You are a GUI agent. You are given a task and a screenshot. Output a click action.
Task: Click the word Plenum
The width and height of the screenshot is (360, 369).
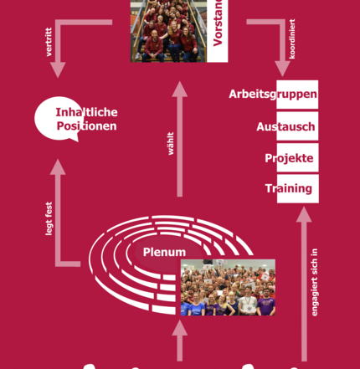coord(164,252)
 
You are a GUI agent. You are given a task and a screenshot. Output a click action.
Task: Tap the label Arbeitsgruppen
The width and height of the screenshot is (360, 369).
coord(273,95)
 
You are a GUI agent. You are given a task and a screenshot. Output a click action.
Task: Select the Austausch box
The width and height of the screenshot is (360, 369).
coord(297,126)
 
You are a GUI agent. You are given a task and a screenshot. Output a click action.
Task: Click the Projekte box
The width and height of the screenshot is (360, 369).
coord(297,157)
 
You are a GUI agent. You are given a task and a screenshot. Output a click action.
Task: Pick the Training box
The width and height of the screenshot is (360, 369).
coord(298,189)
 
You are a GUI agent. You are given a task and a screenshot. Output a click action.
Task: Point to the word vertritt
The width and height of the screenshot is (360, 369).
coord(49,42)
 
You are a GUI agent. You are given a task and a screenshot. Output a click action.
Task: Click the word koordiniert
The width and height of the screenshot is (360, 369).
coord(292,38)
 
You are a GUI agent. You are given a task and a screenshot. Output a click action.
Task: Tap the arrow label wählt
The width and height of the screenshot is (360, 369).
coord(171,143)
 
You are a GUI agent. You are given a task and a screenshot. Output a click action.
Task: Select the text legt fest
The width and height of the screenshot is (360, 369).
coord(49,218)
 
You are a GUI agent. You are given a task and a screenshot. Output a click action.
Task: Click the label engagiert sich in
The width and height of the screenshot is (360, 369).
coord(315,282)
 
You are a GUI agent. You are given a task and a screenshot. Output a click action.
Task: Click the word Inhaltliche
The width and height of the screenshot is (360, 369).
coord(86,112)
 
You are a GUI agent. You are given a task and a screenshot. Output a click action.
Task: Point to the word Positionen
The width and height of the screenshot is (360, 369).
coord(86,126)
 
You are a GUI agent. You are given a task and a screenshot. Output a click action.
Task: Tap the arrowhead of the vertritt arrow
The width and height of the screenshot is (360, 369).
coord(58,69)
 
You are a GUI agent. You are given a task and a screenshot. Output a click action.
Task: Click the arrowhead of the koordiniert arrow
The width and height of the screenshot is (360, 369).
coord(282,69)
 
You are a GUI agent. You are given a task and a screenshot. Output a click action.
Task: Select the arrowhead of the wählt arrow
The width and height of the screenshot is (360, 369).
coord(180,90)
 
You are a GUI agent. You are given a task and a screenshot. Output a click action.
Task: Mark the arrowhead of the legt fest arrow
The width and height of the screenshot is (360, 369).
coord(58,167)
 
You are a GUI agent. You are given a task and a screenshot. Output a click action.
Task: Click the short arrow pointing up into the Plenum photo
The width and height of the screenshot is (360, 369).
coord(180,341)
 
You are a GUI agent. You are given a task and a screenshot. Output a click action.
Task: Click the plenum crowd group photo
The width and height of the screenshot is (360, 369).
coord(228,288)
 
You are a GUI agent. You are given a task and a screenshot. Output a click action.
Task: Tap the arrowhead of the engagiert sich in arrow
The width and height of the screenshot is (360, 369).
coord(304,214)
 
